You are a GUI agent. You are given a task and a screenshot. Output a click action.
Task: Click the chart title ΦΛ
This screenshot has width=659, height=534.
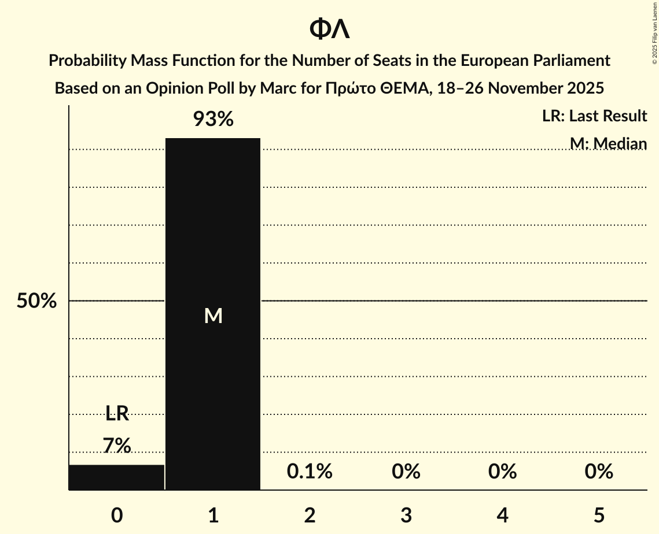329,29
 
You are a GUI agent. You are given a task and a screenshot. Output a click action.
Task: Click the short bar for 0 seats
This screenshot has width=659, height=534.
116,477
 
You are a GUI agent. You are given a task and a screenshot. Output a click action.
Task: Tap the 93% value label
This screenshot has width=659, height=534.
213,120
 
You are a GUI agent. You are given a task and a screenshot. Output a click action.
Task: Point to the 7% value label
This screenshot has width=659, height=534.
117,446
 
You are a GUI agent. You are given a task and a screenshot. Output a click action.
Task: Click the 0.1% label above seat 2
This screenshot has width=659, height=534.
310,472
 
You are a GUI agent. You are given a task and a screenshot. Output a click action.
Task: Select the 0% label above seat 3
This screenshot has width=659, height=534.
406,472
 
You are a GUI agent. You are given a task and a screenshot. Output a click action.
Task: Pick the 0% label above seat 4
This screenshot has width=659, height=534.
502,472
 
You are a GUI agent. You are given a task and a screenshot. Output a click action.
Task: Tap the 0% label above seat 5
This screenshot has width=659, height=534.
598,472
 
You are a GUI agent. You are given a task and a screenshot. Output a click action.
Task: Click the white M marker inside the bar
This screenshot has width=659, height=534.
213,316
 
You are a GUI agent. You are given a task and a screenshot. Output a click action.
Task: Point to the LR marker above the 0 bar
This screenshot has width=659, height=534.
117,413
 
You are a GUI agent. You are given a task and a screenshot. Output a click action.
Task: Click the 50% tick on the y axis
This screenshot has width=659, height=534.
36,301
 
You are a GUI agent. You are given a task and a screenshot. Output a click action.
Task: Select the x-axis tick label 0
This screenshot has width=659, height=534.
117,515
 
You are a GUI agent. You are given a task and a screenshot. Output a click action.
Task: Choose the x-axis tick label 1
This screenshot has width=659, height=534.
213,515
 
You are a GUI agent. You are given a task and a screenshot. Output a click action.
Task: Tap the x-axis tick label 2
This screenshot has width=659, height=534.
310,515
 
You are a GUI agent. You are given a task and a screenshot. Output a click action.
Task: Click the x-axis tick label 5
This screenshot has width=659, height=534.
598,515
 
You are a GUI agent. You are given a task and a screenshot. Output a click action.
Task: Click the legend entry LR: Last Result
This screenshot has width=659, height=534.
594,116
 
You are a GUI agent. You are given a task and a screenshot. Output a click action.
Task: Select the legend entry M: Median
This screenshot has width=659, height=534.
608,143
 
